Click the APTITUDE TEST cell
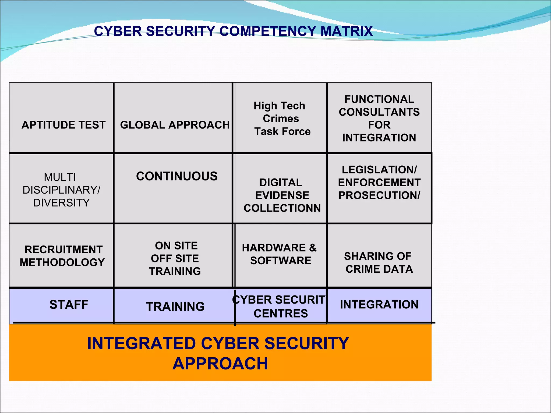click(x=63, y=125)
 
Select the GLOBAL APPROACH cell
click(x=175, y=125)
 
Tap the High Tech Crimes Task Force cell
click(x=281, y=119)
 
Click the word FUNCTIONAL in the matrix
click(x=379, y=99)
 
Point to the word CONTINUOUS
click(x=177, y=176)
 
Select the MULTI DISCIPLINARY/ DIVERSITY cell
click(x=61, y=190)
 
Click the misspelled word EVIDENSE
click(x=282, y=195)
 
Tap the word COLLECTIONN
click(x=282, y=208)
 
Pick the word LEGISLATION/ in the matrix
click(x=379, y=170)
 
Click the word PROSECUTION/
click(x=379, y=195)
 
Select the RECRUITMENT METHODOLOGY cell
click(x=62, y=256)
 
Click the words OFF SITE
click(x=175, y=259)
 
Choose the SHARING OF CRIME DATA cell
click(x=379, y=263)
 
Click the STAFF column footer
click(x=69, y=305)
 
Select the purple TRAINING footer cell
click(x=175, y=307)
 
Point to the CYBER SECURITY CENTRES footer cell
click(x=281, y=307)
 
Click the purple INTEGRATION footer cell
click(x=379, y=305)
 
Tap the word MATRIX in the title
click(x=347, y=31)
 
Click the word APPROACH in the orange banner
click(x=220, y=364)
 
